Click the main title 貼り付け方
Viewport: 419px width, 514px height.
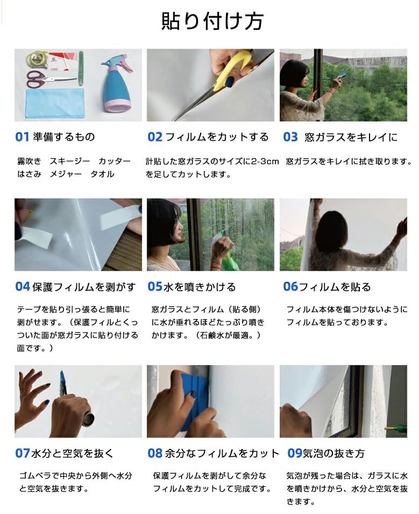tap(212, 22)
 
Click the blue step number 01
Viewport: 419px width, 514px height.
tap(22, 137)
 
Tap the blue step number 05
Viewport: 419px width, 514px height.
tap(155, 287)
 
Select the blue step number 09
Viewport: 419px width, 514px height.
tap(295, 453)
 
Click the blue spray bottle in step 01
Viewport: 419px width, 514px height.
tap(116, 87)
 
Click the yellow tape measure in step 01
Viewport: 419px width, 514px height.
tap(37, 58)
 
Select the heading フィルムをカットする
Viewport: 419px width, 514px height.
tap(217, 137)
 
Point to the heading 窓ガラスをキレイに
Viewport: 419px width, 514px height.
tap(351, 137)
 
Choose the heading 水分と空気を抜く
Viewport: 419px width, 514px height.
tap(73, 453)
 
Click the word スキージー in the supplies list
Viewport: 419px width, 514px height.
tap(70, 161)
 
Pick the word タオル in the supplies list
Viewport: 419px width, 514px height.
tap(102, 174)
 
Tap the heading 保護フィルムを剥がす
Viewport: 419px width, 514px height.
tap(84, 287)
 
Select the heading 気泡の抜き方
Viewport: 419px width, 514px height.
tap(333, 453)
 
